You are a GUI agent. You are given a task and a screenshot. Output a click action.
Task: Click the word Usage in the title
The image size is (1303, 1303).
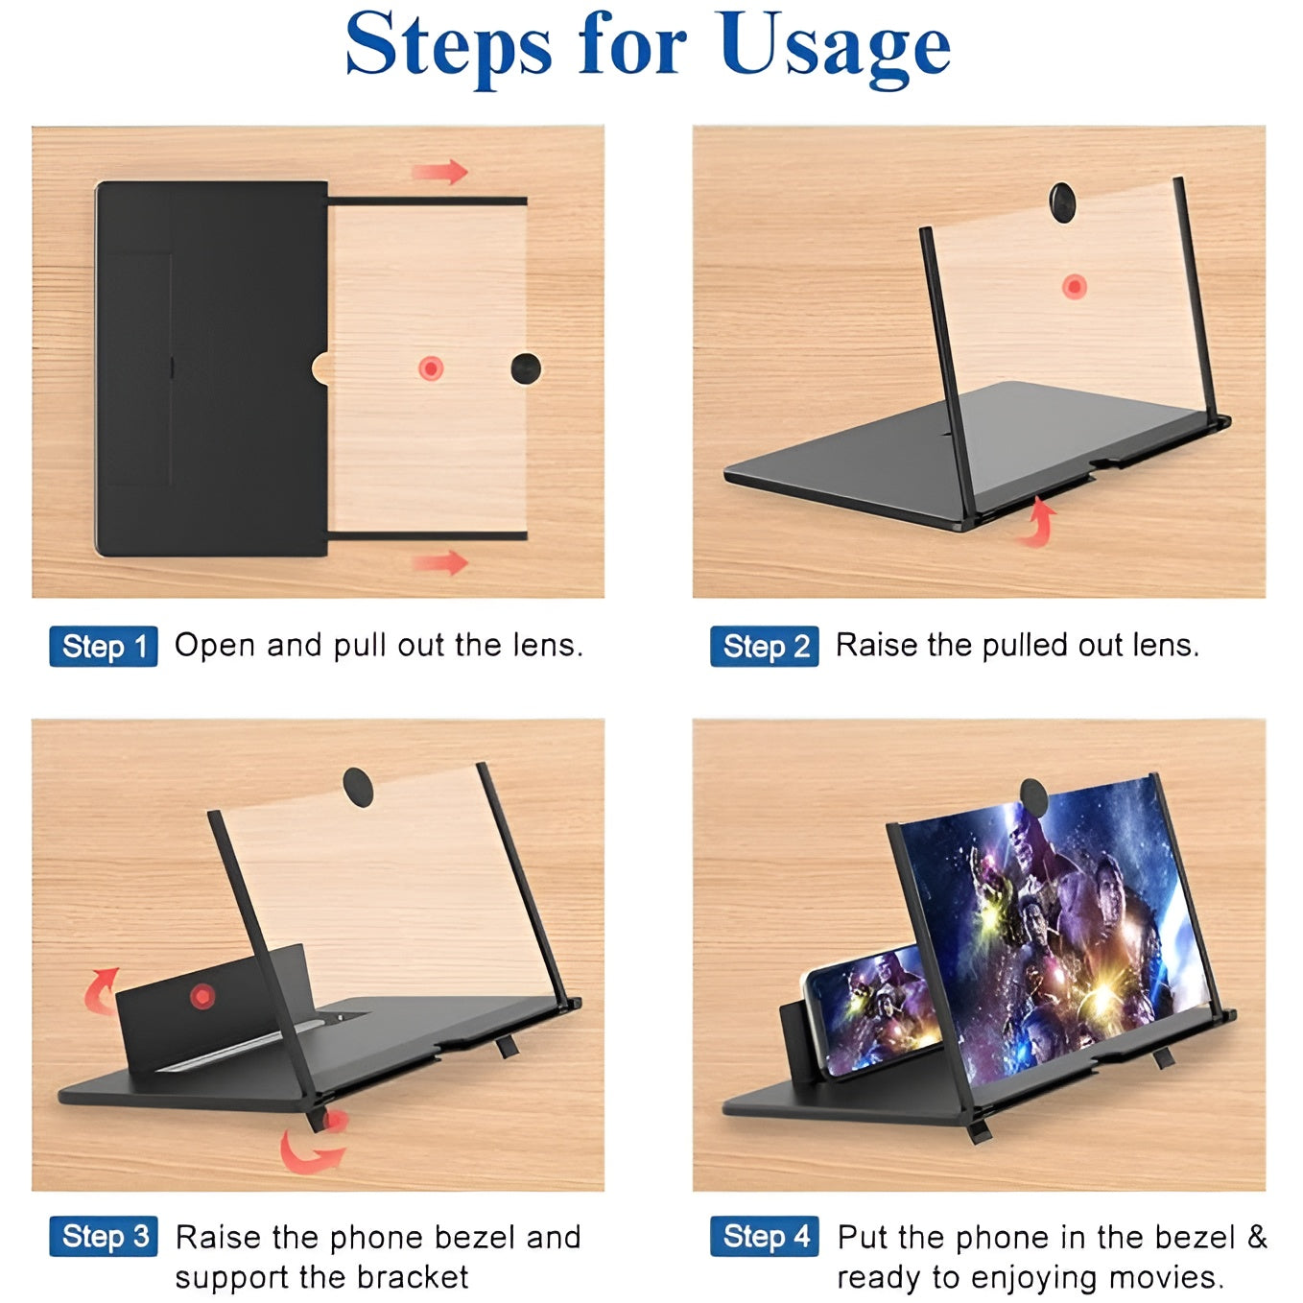point(835,46)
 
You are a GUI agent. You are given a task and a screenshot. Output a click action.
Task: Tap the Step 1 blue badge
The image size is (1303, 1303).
point(104,647)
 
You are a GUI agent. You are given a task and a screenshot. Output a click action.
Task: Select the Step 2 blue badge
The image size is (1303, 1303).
point(765,647)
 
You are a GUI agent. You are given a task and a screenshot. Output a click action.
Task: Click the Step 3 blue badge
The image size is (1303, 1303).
point(104,1237)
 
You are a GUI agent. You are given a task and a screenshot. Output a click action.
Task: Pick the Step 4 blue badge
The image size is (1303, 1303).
point(765,1237)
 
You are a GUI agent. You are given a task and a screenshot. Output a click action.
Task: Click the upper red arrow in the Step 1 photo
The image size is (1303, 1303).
point(440,173)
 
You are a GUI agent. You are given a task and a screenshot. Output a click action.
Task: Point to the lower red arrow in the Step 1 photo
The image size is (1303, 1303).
point(440,561)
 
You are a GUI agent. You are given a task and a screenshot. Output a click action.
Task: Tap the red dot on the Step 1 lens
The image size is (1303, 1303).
point(431,367)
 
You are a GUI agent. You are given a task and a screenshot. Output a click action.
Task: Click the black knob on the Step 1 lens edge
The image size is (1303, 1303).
point(526,367)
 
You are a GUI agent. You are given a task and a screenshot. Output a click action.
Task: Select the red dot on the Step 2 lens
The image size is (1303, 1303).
point(1074,286)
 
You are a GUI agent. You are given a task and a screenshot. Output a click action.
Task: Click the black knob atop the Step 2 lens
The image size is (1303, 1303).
point(1061,202)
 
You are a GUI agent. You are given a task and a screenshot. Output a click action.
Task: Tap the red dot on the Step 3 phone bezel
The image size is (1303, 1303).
point(201,996)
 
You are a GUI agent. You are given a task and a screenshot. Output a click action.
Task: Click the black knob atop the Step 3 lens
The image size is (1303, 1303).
point(359,785)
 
